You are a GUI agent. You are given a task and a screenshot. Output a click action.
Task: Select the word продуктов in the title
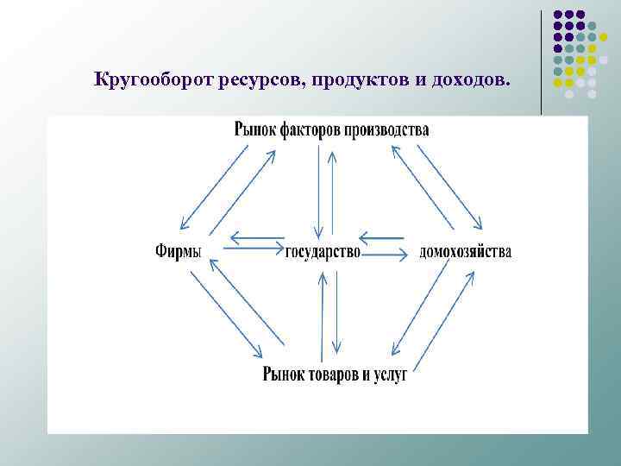(354, 81)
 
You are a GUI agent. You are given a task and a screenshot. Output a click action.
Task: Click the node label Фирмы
(179, 252)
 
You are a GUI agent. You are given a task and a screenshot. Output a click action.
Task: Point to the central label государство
(323, 252)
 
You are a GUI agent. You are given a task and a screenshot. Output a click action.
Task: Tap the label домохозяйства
(465, 252)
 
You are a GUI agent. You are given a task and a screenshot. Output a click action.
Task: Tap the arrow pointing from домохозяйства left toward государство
(381, 236)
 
